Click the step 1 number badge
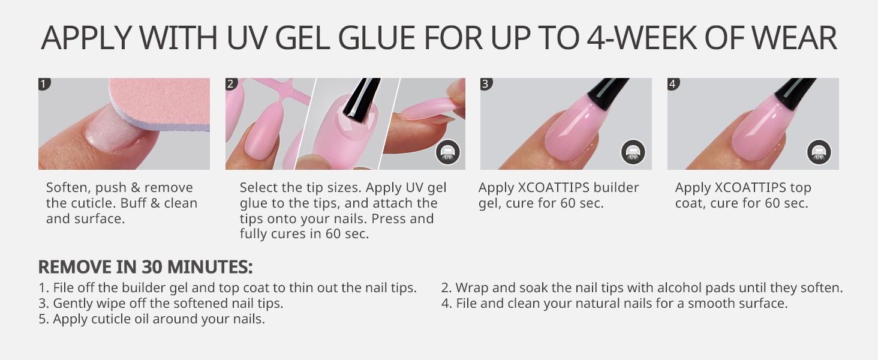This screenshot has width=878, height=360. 44,83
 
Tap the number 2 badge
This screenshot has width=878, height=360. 231,83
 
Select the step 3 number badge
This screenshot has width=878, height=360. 486,83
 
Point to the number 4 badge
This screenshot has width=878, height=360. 673,83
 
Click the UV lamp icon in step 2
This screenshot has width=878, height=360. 447,152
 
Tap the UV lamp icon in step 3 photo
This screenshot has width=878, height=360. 633,152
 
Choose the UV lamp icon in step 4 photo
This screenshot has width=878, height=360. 819,152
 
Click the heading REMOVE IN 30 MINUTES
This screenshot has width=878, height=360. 145,267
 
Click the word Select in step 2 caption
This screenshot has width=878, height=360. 259,188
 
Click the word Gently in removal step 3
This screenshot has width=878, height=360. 74,304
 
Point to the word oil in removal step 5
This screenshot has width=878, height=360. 140,319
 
